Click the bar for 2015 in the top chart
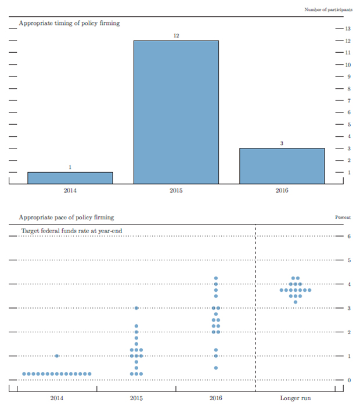click(x=176, y=112)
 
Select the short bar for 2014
click(x=70, y=177)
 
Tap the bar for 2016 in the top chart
click(x=282, y=166)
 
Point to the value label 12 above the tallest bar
click(x=176, y=36)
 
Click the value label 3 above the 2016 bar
click(x=282, y=143)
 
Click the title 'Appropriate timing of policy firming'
click(x=69, y=23)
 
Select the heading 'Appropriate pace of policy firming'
click(x=66, y=217)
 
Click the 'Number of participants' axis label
click(x=329, y=10)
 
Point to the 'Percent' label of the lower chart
click(x=344, y=217)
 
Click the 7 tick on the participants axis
click(x=348, y=100)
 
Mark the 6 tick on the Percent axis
click(x=348, y=237)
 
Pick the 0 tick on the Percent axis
click(x=348, y=380)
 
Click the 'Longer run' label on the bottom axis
click(x=295, y=398)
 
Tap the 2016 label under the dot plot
click(x=215, y=398)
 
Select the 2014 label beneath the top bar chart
click(x=70, y=191)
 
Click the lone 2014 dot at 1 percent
click(x=56, y=356)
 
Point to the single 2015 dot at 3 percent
click(x=136, y=308)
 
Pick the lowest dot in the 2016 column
click(x=215, y=368)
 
